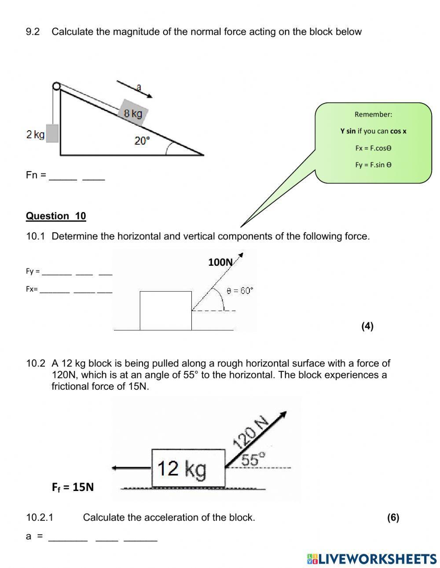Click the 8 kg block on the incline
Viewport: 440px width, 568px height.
pyautogui.click(x=133, y=113)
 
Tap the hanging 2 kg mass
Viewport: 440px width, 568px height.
pyautogui.click(x=52, y=133)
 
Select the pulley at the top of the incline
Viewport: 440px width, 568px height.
pyautogui.click(x=56, y=86)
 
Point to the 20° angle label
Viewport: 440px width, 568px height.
pyautogui.click(x=142, y=141)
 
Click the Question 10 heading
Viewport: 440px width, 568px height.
pyautogui.click(x=56, y=216)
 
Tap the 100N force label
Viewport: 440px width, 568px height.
pyautogui.click(x=220, y=262)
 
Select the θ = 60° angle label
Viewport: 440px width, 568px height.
pyautogui.click(x=240, y=291)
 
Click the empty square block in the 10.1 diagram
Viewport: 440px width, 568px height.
pyautogui.click(x=165, y=310)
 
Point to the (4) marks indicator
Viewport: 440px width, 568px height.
pyautogui.click(x=367, y=326)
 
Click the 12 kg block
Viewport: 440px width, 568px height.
pyautogui.click(x=188, y=468)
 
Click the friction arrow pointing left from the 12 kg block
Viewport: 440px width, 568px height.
pyautogui.click(x=131, y=468)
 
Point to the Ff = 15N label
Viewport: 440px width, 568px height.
pyautogui.click(x=73, y=487)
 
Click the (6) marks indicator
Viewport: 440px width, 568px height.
pyautogui.click(x=393, y=517)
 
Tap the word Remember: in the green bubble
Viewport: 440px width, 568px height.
pyautogui.click(x=373, y=114)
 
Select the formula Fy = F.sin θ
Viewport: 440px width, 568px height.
pyautogui.click(x=373, y=165)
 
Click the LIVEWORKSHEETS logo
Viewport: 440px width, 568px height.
pyautogui.click(x=372, y=559)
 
